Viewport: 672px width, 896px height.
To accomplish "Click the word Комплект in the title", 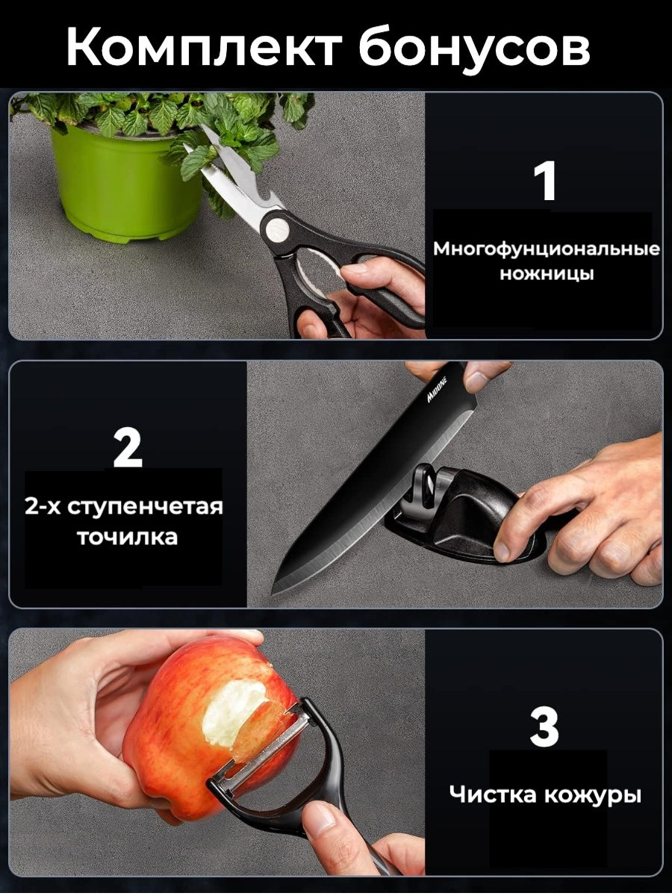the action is point(204,46).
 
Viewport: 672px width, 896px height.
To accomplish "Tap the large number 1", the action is point(545,180).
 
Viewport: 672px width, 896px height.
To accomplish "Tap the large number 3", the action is point(544,728).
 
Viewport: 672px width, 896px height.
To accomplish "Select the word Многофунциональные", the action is point(547,250).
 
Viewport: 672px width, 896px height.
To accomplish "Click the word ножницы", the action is point(547,274).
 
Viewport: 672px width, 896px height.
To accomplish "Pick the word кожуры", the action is point(593,797).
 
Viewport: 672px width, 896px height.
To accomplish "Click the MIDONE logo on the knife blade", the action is point(438,390).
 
